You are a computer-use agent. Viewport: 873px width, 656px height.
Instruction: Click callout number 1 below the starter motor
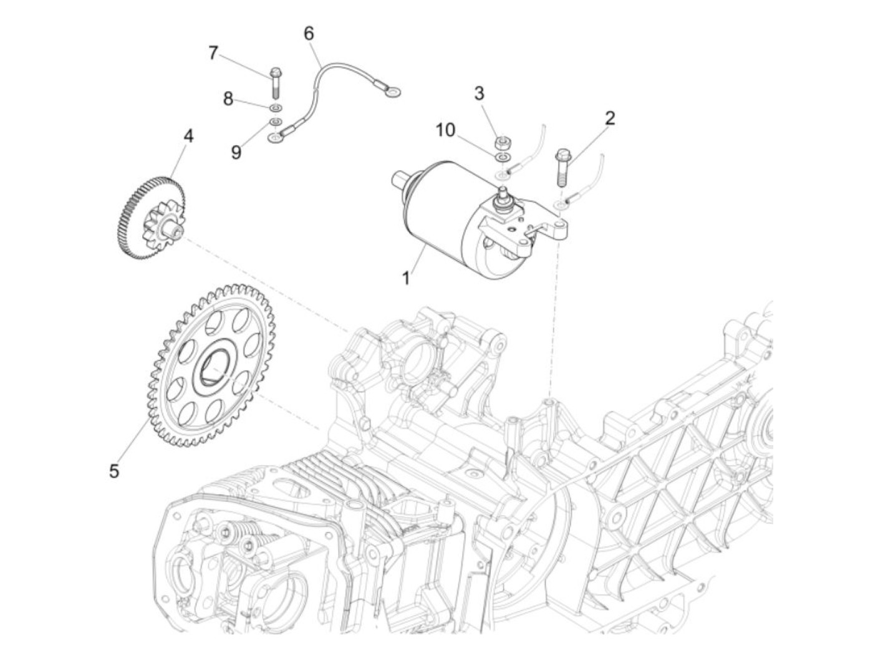(406, 277)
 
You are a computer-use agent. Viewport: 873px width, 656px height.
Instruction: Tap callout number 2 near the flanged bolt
(609, 118)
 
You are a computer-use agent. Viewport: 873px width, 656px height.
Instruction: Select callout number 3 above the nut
(479, 94)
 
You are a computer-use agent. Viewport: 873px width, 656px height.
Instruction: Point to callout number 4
(188, 136)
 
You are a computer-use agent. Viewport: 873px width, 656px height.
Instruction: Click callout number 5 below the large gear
(113, 471)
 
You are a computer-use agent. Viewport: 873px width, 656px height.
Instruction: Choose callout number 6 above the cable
(309, 33)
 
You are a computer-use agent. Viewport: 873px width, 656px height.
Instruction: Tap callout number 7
(213, 54)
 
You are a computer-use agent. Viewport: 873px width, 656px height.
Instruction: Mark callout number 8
(228, 99)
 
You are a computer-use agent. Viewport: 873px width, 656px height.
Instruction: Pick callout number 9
(236, 152)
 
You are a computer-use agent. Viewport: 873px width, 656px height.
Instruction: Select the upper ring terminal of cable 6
(392, 94)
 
